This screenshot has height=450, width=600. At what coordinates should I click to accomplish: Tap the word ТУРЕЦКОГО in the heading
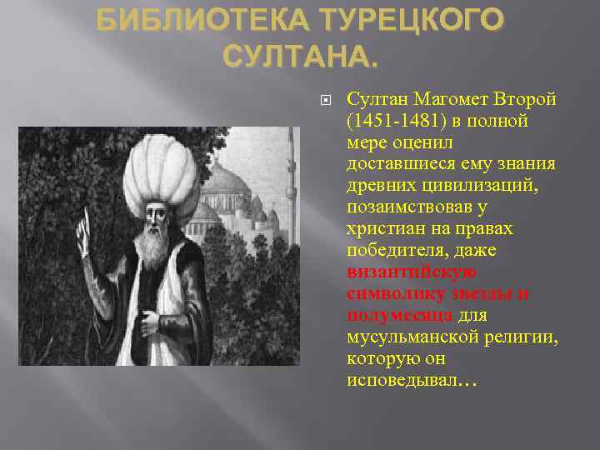406,20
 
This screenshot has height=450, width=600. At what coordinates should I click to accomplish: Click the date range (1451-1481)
397,122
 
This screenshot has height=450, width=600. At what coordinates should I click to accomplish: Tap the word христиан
384,228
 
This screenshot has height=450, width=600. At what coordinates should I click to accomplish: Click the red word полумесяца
399,315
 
